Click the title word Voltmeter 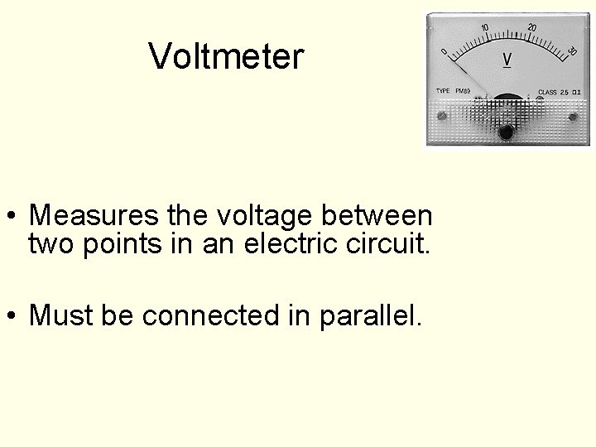[227, 56]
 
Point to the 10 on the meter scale [485, 27]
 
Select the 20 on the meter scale [531, 27]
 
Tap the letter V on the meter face [507, 60]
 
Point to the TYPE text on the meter [443, 90]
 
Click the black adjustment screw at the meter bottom [505, 131]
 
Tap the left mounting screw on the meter [442, 115]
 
